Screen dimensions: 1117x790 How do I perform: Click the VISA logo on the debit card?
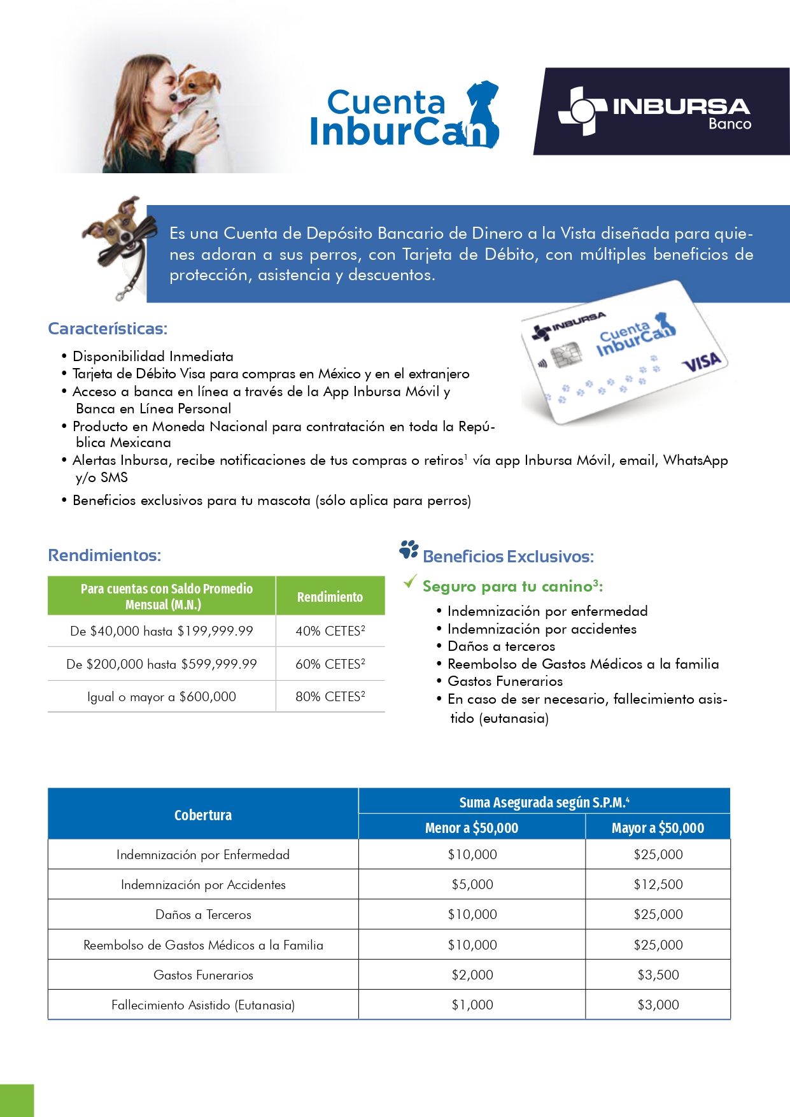[702, 362]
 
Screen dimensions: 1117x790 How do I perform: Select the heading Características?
[108, 329]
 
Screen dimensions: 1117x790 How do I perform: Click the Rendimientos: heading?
[104, 555]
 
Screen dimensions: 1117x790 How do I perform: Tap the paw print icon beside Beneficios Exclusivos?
[409, 550]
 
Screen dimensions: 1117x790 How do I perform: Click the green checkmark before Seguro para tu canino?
[411, 581]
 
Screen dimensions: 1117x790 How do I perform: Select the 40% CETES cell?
[330, 631]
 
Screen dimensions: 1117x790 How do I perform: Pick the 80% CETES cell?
[330, 697]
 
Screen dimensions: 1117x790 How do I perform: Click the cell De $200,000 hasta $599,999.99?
[162, 664]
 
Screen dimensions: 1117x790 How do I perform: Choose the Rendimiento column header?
[330, 597]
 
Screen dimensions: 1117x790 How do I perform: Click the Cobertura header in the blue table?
[203, 815]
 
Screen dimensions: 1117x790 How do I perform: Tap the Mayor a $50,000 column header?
[658, 828]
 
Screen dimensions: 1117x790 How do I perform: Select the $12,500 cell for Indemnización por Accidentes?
[658, 885]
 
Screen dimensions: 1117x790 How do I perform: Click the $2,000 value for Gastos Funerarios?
[472, 975]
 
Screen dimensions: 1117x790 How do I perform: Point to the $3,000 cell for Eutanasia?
[658, 1005]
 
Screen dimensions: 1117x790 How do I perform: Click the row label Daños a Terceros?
[203, 914]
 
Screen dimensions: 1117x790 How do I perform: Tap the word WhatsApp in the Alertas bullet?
[695, 460]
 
